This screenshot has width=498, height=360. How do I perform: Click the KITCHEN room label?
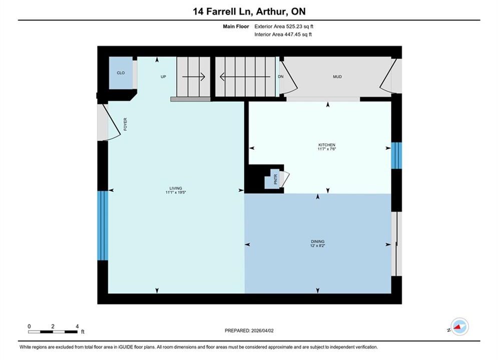coord(326,145)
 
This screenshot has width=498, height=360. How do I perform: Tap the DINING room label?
coord(318,241)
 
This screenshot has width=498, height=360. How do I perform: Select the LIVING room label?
coord(176,188)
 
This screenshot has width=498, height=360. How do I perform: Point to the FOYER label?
coord(125,124)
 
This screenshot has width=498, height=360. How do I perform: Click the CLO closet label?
coord(121,73)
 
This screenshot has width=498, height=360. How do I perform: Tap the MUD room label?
coord(337,77)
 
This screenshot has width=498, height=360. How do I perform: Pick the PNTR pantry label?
coord(275,179)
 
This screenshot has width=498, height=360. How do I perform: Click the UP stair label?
coord(163,77)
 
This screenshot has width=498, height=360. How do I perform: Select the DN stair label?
coord(281,76)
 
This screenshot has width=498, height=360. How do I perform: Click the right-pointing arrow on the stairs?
coord(193,77)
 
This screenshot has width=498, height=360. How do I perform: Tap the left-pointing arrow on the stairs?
coord(245,77)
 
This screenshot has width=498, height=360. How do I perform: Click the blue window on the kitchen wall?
coord(396,155)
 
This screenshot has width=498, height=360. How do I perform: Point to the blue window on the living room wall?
coord(103,225)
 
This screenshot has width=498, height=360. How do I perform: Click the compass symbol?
coord(459,326)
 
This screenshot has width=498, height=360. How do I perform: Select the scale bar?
coord(53,332)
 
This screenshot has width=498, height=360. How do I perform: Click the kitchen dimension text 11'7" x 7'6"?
coord(326,149)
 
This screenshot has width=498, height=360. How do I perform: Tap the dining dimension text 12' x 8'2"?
coord(318,245)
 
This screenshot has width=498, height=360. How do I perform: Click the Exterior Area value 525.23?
coord(293,26)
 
